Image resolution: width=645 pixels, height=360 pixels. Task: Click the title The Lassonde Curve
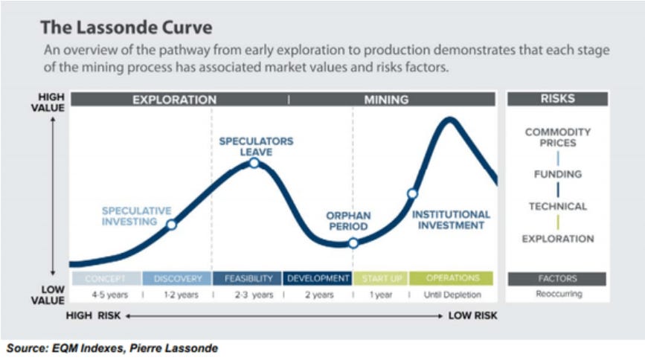coord(126,28)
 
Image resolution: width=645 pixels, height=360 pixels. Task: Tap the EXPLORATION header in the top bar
coord(174,99)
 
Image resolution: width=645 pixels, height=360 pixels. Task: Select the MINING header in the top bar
coord(386,99)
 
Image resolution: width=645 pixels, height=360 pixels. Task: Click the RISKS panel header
coord(557,99)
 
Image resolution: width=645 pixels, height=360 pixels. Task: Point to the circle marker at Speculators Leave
coord(254,162)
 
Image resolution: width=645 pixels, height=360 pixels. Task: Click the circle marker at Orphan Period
coord(353,242)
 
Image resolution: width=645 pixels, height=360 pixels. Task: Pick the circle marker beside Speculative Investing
coord(171,224)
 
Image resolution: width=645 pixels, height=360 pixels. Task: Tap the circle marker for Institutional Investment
coord(411,193)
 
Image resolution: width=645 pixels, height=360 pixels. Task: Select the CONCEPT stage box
coord(105,278)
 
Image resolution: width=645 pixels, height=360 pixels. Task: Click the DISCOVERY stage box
coord(177,278)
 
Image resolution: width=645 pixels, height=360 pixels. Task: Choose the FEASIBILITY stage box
coord(247,278)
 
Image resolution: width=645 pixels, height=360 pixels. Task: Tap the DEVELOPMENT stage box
coord(318,278)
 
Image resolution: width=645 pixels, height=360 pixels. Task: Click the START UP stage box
coord(381,278)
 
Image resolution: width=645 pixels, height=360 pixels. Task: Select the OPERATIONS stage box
coord(452,278)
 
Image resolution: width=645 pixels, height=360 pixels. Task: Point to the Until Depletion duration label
coord(452,295)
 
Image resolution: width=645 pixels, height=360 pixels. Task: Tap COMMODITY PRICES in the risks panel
coord(557,137)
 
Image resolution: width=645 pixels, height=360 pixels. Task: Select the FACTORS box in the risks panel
coord(557,279)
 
